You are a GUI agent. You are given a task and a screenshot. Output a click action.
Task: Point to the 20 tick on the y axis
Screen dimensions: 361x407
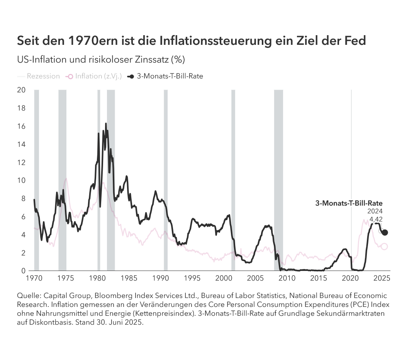21,90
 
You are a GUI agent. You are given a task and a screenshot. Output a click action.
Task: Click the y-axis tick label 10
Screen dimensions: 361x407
21,180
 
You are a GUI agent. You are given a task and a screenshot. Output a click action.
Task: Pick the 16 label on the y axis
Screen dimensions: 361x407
21,126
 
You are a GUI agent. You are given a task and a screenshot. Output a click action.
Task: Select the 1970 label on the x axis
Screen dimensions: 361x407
34,278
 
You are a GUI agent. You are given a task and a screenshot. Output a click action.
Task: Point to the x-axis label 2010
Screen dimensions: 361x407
287,278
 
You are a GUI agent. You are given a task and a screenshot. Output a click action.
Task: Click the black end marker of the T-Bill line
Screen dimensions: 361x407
385,232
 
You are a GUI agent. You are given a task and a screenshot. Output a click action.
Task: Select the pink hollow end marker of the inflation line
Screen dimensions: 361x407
384,247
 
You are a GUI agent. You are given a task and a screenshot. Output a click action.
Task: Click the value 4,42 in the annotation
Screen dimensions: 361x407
376,219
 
